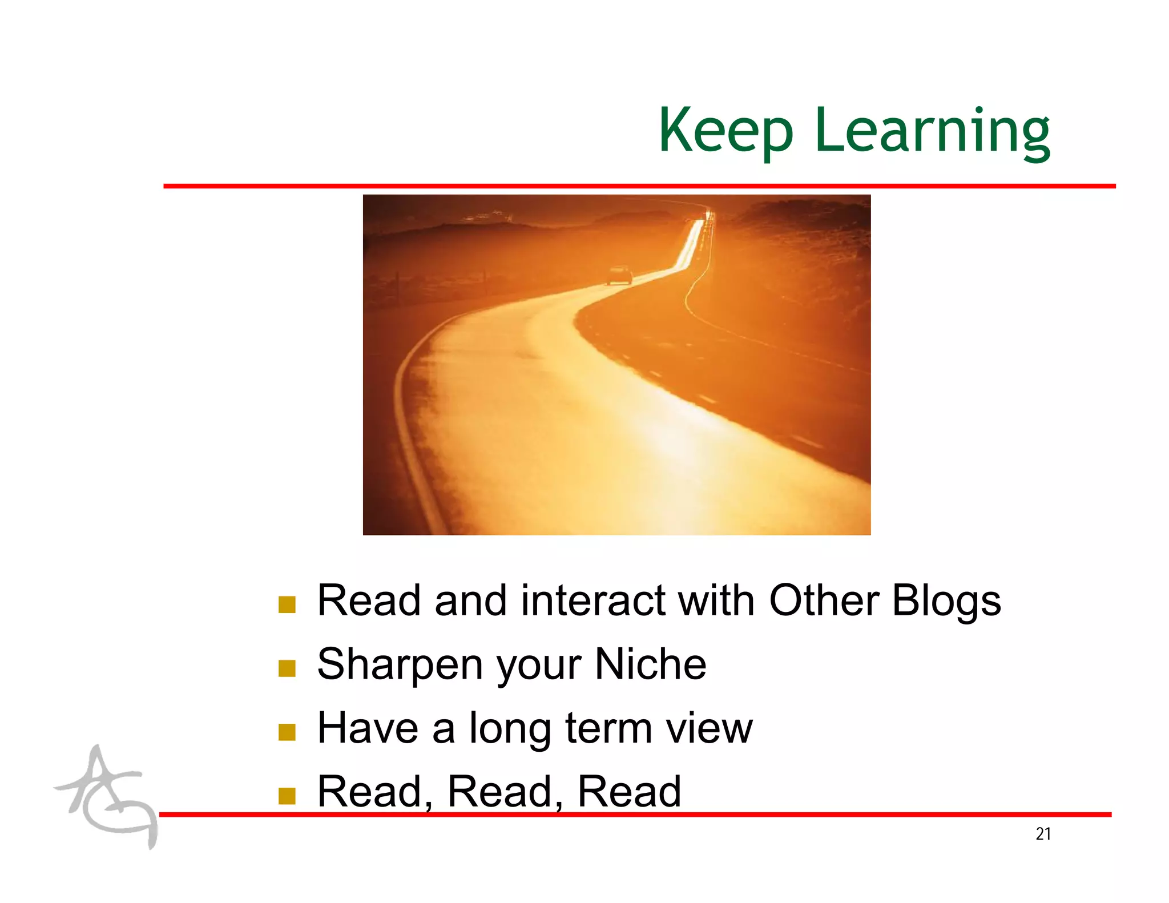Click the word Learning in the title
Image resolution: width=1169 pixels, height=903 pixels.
coord(932,132)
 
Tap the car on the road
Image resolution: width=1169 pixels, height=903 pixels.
coord(619,275)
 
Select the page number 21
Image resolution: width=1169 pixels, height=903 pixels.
coord(1043,834)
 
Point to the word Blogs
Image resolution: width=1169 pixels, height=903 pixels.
coord(946,601)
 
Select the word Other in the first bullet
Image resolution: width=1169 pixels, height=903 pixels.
coord(824,601)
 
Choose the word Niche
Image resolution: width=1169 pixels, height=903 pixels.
coord(650,664)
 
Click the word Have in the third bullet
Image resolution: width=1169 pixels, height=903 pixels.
coord(368,728)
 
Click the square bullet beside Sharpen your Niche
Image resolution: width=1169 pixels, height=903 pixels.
coord(287,668)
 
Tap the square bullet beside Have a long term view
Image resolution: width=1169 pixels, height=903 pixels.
coord(287,732)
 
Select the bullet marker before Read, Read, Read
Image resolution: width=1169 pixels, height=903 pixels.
coord(287,795)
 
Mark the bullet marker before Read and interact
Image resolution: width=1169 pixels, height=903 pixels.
coord(287,604)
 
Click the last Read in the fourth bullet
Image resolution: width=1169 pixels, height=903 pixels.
coord(629,792)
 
